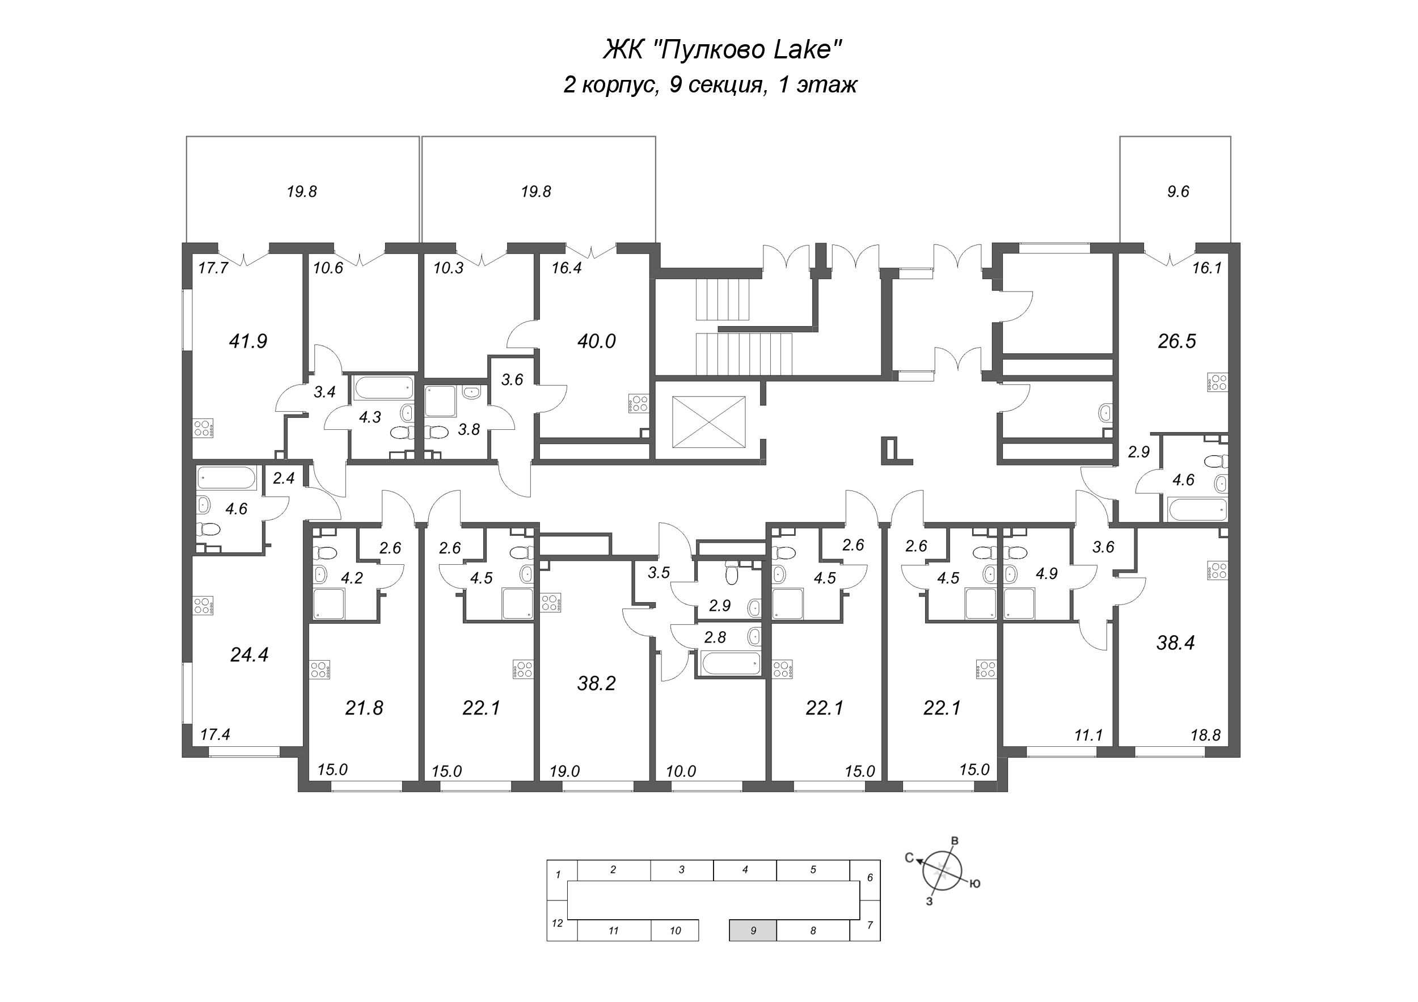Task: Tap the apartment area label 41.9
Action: coord(248,341)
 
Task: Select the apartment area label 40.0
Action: coord(596,341)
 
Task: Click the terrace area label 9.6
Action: coord(1177,192)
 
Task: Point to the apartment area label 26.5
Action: coord(1176,341)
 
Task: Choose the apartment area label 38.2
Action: coord(596,683)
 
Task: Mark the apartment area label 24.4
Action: coord(249,654)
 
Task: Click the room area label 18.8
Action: coord(1205,735)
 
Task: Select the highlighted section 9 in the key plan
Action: coord(752,931)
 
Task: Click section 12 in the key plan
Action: coord(557,924)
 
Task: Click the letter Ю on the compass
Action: coord(974,884)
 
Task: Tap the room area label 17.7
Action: coord(213,268)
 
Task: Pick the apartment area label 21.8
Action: coord(364,708)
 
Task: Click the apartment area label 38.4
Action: coord(1175,642)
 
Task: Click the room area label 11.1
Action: coord(1088,735)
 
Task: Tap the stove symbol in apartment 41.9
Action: coord(203,428)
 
